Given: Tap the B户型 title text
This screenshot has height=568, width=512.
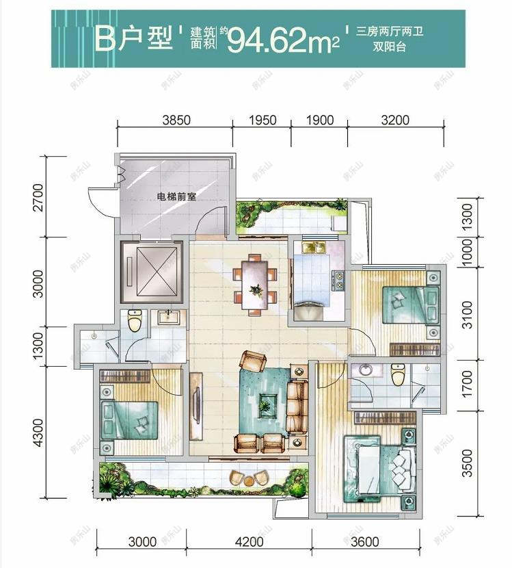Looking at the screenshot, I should coord(134,39).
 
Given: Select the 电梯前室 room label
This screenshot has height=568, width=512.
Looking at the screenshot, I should coord(176,196).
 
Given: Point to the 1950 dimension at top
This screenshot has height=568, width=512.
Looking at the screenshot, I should coord(262,120).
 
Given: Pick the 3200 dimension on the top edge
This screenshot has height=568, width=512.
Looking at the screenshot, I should coord(394,120).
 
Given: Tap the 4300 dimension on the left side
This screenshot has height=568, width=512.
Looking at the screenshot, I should coord(38,431).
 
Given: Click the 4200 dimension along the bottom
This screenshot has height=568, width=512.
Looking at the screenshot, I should coord(249,542).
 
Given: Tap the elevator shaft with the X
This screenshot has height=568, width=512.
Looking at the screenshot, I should coord(150,272).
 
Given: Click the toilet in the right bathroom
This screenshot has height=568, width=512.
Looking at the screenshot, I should coord(398,374).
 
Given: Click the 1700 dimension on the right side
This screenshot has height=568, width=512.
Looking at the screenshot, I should coord(468,387).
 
